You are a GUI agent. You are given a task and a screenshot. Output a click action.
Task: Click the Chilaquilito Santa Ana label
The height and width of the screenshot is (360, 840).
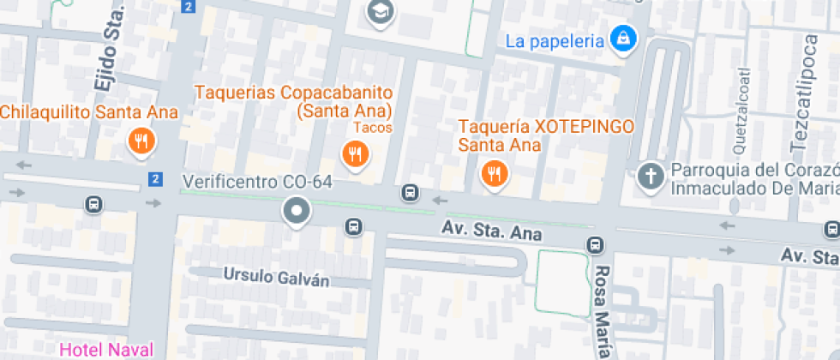pos(89,112)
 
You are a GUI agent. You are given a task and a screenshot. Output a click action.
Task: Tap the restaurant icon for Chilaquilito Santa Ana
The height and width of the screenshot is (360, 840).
pos(141,140)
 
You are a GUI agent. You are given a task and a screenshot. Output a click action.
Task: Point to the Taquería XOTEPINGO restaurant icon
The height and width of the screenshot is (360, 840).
pos(494,174)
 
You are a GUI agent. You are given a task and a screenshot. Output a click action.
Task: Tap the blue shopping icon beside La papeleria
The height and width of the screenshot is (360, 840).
pos(623,38)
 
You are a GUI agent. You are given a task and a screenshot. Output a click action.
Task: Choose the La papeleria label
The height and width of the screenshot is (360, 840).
pos(555,40)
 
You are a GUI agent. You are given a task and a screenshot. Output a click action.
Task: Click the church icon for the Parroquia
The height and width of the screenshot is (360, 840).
pos(651,177)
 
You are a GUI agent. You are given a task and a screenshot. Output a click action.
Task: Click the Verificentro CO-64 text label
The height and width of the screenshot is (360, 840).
pos(256,183)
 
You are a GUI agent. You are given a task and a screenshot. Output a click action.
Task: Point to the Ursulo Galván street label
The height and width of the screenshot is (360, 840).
pos(264,276)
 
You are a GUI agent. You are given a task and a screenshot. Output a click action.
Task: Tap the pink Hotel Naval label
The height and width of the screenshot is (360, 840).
pos(106,350)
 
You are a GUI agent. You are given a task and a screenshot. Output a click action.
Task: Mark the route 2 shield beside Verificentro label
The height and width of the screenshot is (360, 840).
pos(154,179)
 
